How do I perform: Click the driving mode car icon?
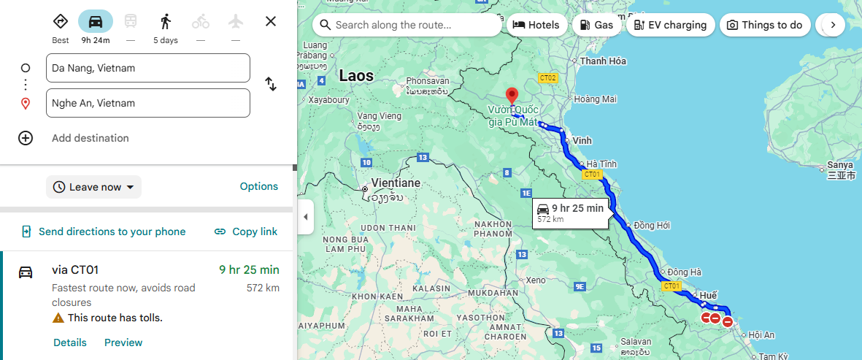[96, 21]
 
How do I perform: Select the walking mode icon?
[166, 21]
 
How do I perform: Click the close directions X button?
[271, 21]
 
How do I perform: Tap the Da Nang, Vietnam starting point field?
[148, 68]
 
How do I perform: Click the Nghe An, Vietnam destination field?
[148, 103]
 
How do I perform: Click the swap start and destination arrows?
[271, 84]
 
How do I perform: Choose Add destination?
[90, 138]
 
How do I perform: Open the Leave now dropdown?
[94, 187]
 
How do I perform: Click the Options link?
[259, 186]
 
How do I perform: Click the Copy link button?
[246, 231]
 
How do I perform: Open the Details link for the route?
[70, 342]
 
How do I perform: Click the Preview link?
[123, 342]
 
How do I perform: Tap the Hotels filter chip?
[536, 25]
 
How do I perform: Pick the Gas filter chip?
[596, 25]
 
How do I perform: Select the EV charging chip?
[670, 25]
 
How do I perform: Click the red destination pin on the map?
[512, 96]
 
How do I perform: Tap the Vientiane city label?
[396, 183]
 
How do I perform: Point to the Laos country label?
[356, 76]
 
